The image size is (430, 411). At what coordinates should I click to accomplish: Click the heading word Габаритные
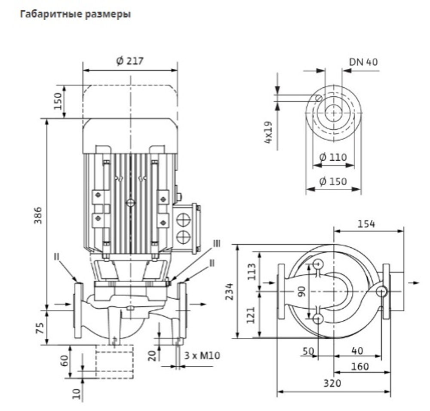click(51, 14)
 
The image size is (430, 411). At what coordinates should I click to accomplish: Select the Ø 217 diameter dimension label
click(130, 61)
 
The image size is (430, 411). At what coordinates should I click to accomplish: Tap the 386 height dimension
click(38, 215)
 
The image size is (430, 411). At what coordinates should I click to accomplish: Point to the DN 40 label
click(363, 62)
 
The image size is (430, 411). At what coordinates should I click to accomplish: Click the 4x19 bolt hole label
click(268, 132)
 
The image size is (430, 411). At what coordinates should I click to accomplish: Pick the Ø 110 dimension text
click(333, 157)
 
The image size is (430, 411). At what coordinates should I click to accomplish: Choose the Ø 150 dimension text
click(333, 181)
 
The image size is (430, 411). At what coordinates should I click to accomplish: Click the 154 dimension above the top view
click(366, 224)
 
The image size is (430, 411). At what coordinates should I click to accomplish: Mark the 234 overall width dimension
click(229, 291)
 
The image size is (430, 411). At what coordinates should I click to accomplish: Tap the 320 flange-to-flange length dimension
click(332, 383)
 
